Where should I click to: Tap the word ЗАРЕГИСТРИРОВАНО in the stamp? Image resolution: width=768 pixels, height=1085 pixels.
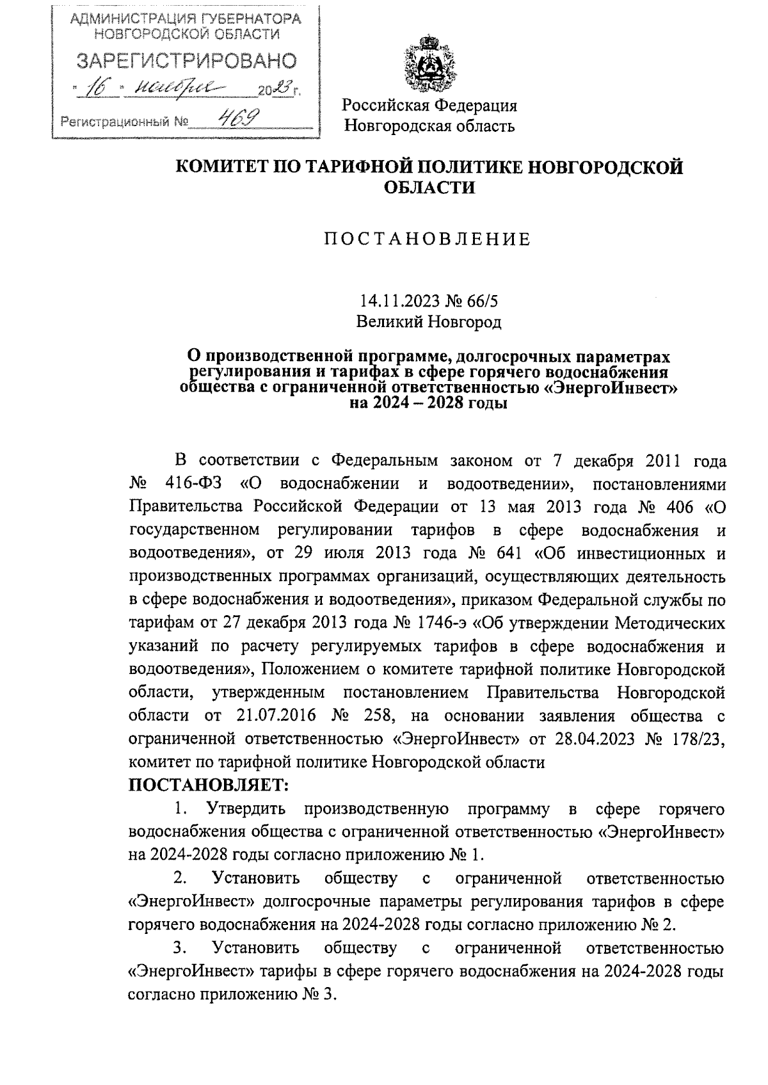click(187, 61)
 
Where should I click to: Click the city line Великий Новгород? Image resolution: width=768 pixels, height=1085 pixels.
click(428, 321)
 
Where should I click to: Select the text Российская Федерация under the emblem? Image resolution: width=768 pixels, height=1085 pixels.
click(429, 105)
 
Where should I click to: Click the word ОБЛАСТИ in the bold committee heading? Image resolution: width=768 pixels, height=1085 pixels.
click(430, 188)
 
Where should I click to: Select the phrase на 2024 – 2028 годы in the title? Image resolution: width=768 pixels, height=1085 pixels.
click(428, 404)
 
